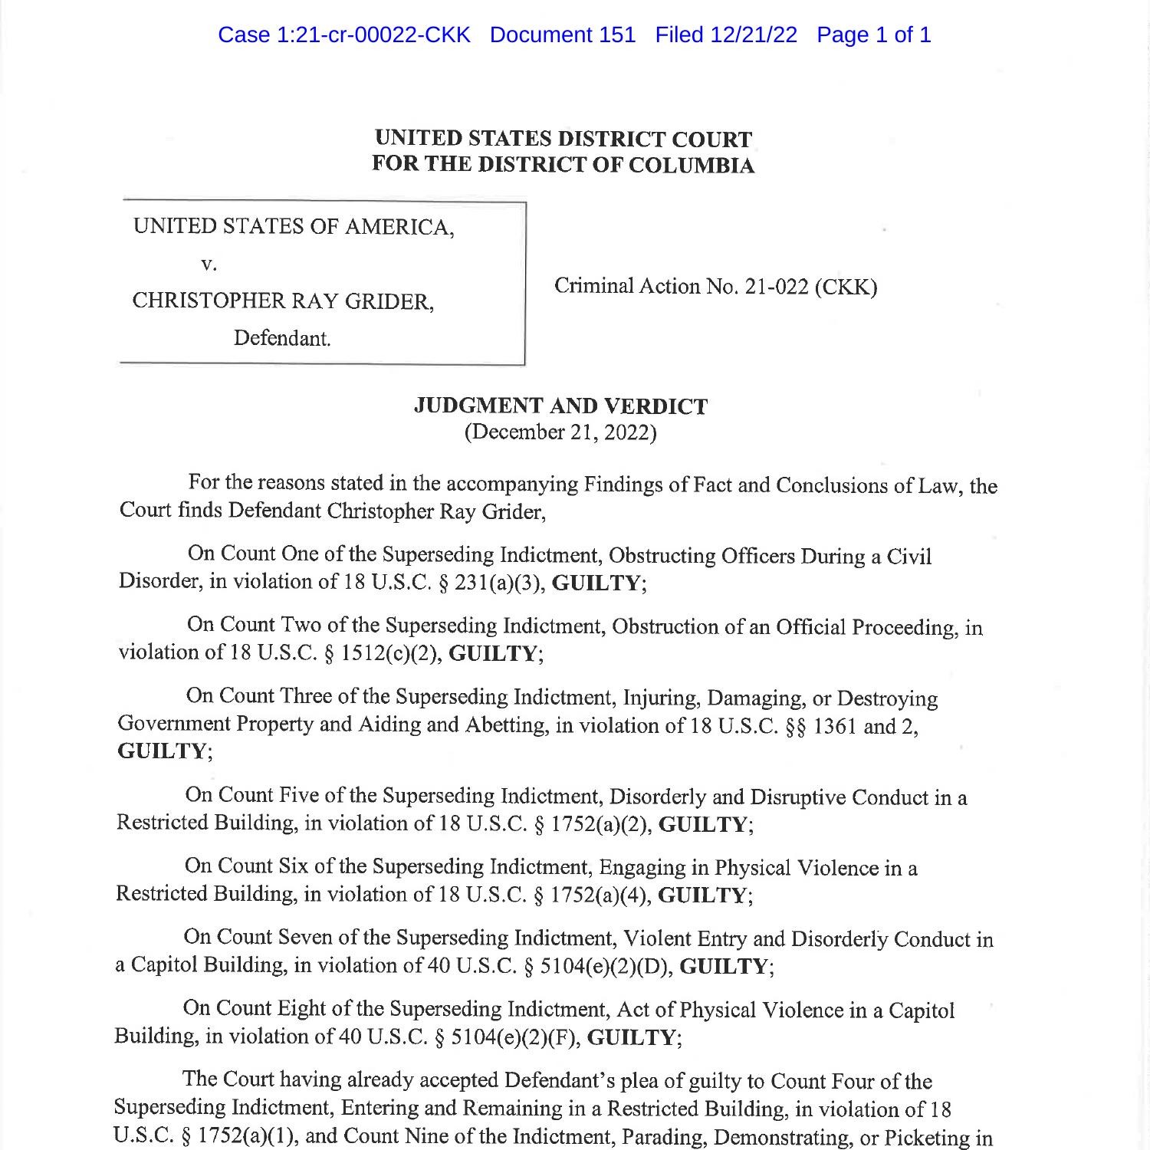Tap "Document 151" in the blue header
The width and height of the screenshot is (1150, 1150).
562,34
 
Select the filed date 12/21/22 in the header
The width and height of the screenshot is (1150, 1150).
753,34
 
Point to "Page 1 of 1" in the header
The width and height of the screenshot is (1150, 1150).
873,34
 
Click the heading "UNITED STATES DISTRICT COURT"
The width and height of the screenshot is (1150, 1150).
563,139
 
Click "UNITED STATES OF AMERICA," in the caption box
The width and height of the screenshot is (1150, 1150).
294,226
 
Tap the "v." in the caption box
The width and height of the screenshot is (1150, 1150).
209,264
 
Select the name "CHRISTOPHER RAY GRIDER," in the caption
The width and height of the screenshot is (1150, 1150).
283,301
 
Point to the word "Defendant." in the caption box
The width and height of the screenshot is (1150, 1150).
282,338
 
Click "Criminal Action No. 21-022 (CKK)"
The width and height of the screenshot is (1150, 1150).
715,287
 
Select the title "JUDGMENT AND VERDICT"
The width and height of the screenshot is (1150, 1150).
560,406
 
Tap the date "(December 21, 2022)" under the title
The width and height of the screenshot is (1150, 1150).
560,432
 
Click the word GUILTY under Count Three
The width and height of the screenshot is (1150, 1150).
162,751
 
